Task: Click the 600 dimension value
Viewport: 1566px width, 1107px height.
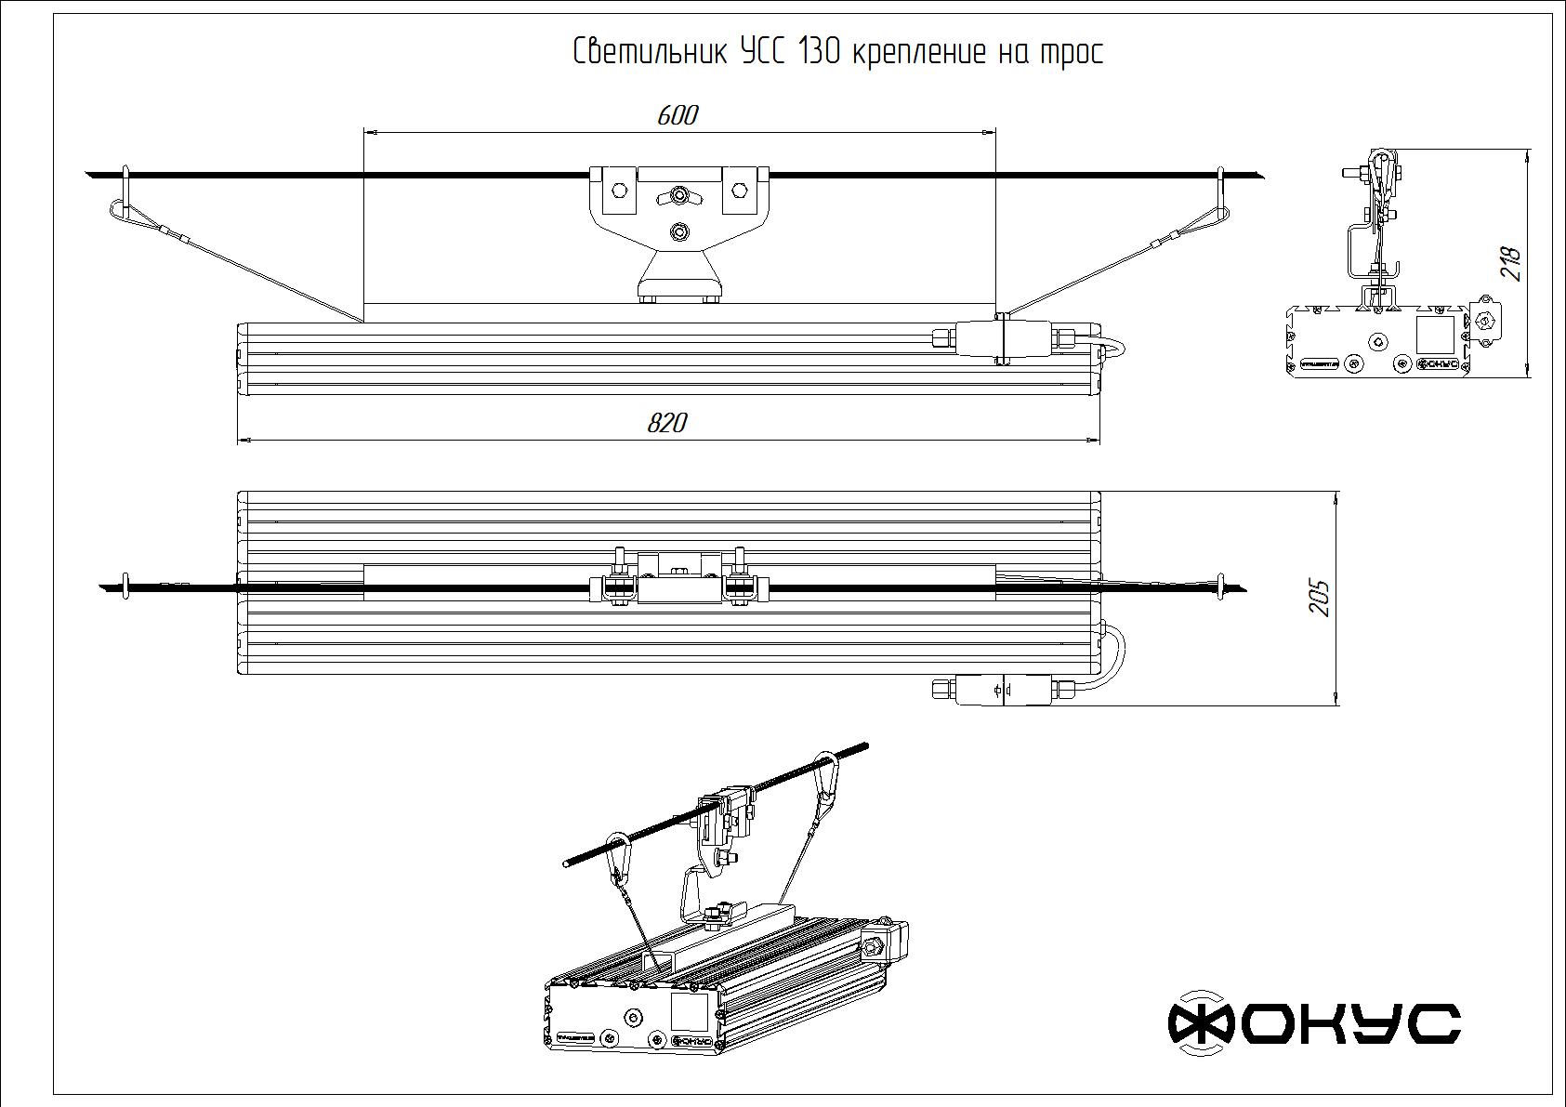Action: pos(677,115)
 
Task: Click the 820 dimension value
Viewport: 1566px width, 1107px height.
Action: pos(666,424)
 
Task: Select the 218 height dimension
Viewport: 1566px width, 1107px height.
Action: pos(1510,263)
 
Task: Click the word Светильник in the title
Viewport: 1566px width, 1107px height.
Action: pos(650,52)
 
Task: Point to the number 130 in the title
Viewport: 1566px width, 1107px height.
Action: pos(818,52)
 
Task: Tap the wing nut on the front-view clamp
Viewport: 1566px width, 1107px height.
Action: pos(678,197)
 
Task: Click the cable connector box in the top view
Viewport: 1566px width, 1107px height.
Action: pos(1001,691)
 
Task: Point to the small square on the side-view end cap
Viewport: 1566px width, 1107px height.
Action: pos(1434,334)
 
